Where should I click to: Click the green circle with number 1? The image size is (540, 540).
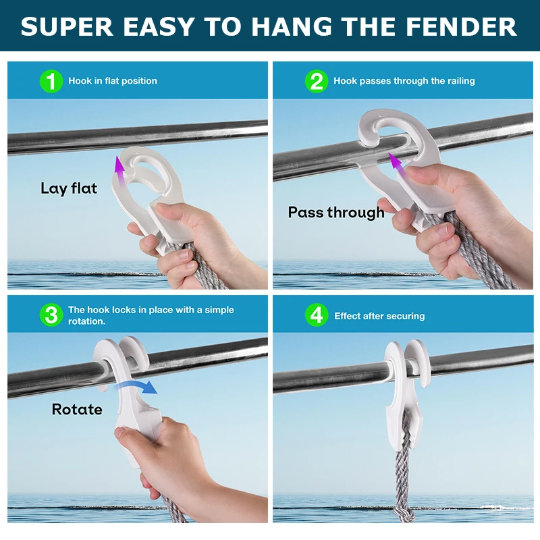[51, 81]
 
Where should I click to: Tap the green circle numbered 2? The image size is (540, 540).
[317, 81]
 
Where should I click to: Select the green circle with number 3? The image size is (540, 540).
[51, 315]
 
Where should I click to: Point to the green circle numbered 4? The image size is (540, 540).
[317, 315]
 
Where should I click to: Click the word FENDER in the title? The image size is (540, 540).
[461, 26]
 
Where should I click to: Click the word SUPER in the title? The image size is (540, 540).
[67, 26]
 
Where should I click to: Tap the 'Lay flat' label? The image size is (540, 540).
[69, 188]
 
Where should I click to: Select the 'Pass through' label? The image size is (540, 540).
[336, 213]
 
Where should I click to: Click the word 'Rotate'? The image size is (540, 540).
[77, 410]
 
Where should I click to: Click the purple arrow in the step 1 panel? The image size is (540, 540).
[119, 171]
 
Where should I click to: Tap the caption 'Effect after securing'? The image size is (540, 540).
[379, 316]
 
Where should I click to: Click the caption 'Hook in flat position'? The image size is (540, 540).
[113, 81]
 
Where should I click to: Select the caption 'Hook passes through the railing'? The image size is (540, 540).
[404, 81]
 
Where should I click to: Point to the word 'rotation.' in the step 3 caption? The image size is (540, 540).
[87, 321]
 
